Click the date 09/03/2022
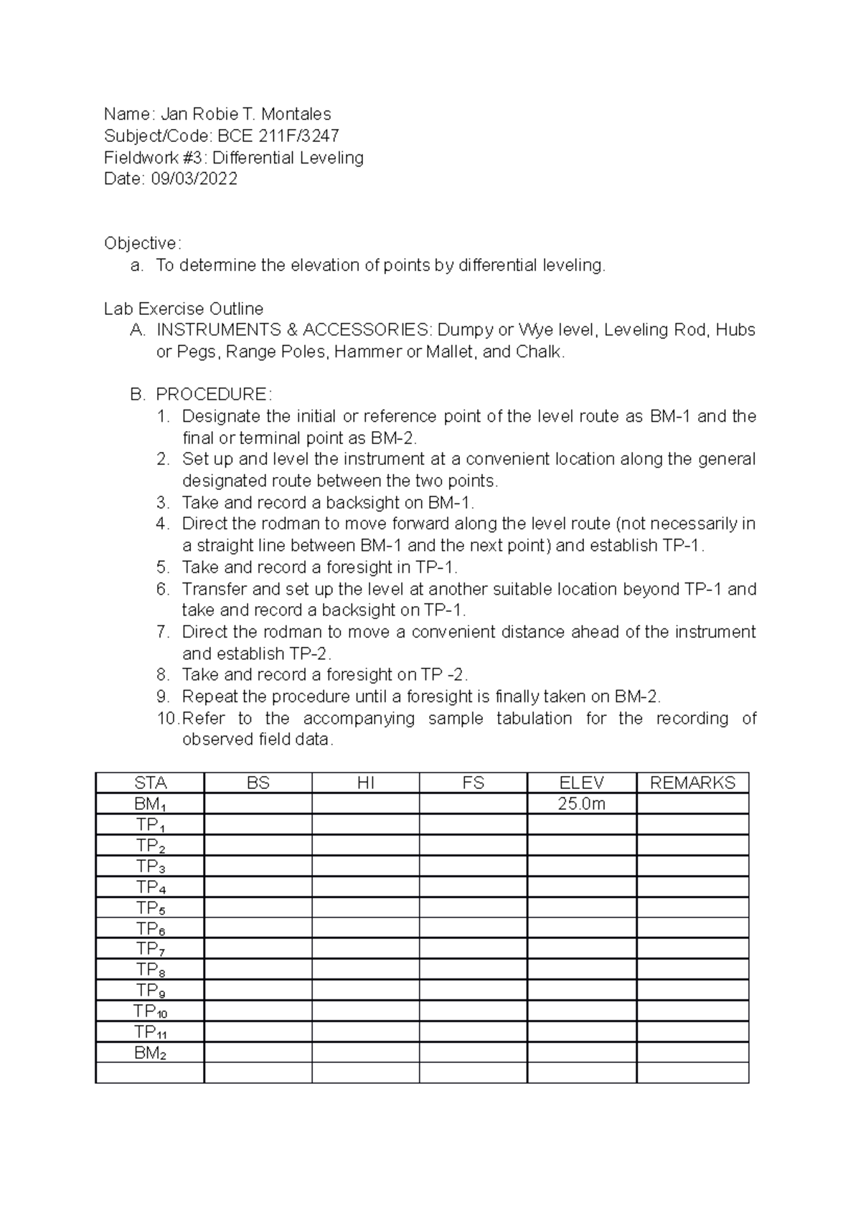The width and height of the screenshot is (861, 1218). pyautogui.click(x=194, y=179)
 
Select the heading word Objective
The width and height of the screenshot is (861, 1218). pyautogui.click(x=142, y=243)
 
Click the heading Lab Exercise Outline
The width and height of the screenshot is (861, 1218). pyautogui.click(x=184, y=309)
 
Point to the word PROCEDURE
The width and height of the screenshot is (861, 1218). pyautogui.click(x=212, y=395)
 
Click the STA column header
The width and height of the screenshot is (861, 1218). pyautogui.click(x=150, y=783)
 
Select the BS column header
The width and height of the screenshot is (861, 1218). pyautogui.click(x=258, y=783)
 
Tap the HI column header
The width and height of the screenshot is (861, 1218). pyautogui.click(x=365, y=783)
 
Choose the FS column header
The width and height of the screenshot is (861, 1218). pyautogui.click(x=474, y=783)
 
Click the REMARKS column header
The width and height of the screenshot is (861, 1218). pyautogui.click(x=692, y=783)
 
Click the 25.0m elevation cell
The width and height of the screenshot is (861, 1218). pyautogui.click(x=581, y=804)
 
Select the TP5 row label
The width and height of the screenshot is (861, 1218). pyautogui.click(x=150, y=908)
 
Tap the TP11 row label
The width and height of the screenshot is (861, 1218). pyautogui.click(x=150, y=1033)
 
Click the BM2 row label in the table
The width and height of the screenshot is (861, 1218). pyautogui.click(x=150, y=1054)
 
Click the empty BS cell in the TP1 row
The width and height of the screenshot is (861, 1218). pyautogui.click(x=258, y=825)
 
